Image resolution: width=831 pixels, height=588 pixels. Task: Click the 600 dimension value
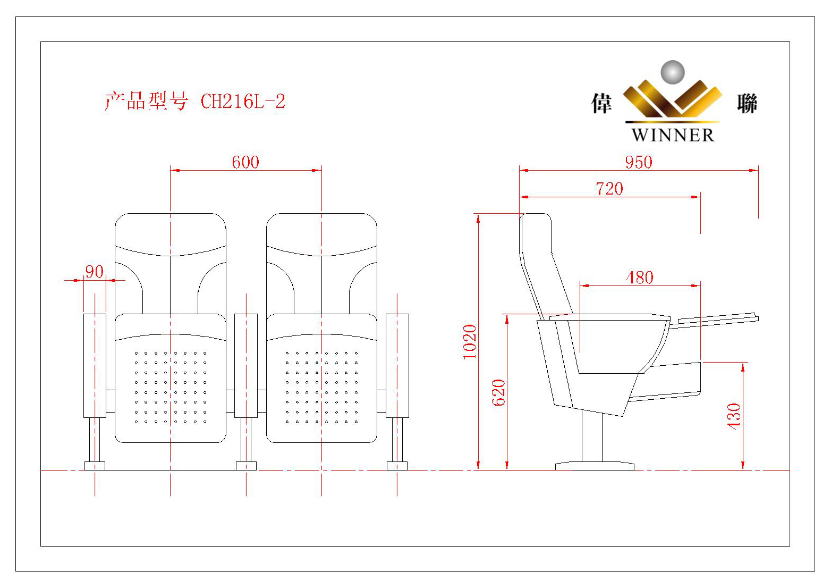[245, 162]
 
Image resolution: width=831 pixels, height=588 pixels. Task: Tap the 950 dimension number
[638, 162]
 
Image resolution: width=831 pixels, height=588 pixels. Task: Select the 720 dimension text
[609, 189]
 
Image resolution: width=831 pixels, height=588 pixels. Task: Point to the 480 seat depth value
[640, 278]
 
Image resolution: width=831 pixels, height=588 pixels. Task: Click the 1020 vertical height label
[470, 341]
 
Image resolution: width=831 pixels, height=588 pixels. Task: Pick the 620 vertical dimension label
[498, 392]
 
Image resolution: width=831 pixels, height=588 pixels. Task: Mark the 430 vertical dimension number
[734, 416]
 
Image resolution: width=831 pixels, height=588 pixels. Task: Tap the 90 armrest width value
[94, 272]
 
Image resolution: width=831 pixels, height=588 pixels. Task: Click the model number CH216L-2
[243, 101]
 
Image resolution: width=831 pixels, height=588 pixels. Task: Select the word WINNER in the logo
[673, 135]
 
